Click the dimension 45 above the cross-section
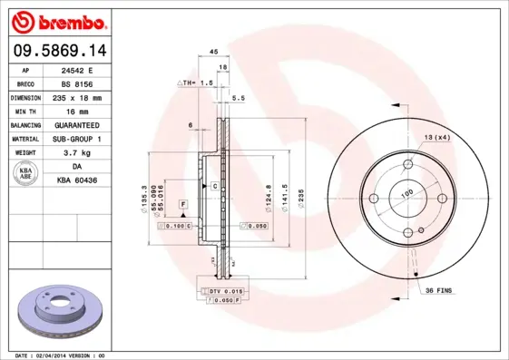pyautogui.click(x=213, y=52)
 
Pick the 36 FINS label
pyautogui.click(x=440, y=289)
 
